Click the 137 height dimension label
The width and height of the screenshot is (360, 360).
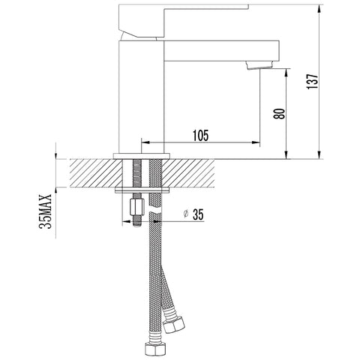[313, 81]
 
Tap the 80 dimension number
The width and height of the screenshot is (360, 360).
[279, 114]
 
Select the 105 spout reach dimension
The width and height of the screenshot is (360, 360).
[200, 136]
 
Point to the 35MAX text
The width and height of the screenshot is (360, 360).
[46, 211]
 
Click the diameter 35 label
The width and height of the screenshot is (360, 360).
[193, 214]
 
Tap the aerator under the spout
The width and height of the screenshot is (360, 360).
[259, 64]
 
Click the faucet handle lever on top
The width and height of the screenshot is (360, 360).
[183, 21]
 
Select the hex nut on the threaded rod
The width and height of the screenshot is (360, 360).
[137, 206]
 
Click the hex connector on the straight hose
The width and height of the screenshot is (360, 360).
[155, 348]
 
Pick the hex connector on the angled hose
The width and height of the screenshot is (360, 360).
[174, 324]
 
